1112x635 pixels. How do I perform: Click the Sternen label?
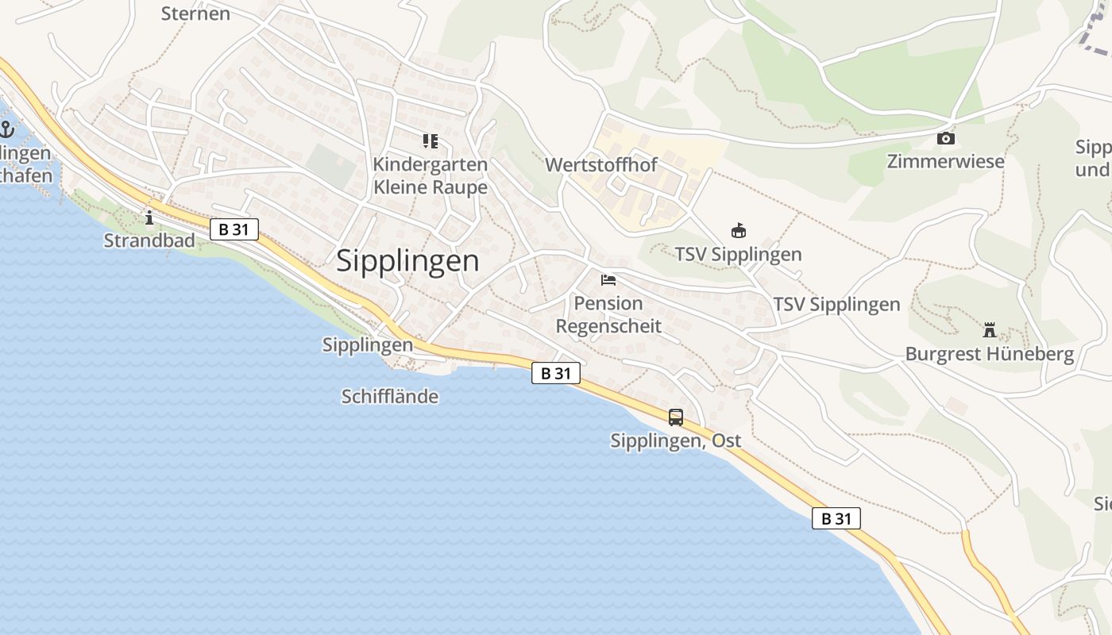195,13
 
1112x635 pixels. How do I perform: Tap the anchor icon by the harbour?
8,129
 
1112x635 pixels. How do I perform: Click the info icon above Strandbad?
149,217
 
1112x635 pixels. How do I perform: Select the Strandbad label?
149,240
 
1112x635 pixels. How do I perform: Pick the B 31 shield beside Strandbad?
234,229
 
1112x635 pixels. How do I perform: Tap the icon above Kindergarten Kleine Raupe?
431,141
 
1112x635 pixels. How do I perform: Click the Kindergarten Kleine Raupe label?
430,175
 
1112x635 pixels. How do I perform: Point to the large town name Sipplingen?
407,260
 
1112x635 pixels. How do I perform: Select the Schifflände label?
389,396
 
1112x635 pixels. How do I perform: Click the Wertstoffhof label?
601,165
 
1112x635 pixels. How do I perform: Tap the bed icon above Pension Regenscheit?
608,279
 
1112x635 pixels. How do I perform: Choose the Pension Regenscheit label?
608,314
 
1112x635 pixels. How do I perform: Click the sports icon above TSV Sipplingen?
739,231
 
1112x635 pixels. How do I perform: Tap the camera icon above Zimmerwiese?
945,139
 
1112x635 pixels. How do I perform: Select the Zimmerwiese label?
945,162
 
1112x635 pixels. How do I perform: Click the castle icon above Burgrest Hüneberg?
989,329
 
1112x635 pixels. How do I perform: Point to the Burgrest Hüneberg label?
989,354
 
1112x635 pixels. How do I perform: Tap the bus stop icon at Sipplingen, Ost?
675,417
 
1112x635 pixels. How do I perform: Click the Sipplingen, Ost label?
675,441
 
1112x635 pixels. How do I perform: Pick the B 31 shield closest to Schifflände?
556,373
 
